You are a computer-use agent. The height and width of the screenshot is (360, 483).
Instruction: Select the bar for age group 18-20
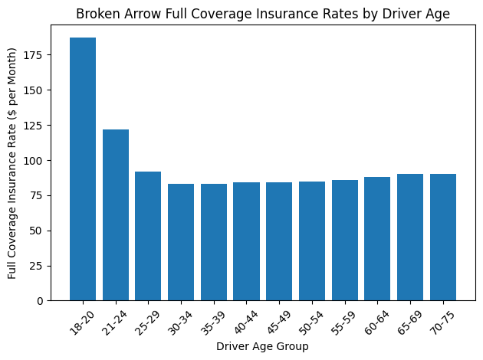[83, 169]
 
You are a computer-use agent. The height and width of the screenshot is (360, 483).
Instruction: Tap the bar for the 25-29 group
[148, 236]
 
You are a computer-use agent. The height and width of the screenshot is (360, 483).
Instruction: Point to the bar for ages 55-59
[345, 240]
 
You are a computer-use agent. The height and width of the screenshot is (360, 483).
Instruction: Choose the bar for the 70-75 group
[443, 237]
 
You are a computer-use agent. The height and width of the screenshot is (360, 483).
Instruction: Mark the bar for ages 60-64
[377, 238]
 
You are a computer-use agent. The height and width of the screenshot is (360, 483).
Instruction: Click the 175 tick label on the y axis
[33, 55]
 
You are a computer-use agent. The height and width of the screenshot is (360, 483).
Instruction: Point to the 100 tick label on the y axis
[33, 160]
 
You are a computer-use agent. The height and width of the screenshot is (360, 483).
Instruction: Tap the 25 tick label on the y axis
[36, 266]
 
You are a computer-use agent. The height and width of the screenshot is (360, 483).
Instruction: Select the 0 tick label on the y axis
[39, 301]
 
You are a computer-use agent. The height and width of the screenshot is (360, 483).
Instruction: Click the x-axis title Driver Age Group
[262, 347]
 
